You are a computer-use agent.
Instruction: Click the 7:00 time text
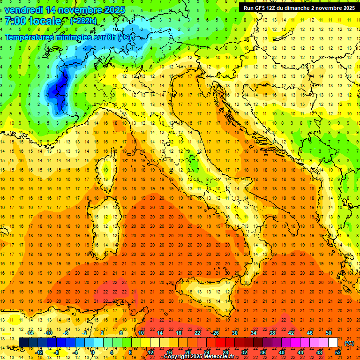coord(16,21)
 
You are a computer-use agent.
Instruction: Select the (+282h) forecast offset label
coord(83,21)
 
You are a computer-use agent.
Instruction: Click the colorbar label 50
coord(329,333)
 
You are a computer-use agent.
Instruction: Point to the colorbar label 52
coord(337,352)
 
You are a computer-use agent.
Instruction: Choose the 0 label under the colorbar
coord(93,352)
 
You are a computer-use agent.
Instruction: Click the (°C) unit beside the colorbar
coord(349,343)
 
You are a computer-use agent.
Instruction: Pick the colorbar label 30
coord(234,333)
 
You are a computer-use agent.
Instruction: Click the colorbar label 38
coord(272,333)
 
